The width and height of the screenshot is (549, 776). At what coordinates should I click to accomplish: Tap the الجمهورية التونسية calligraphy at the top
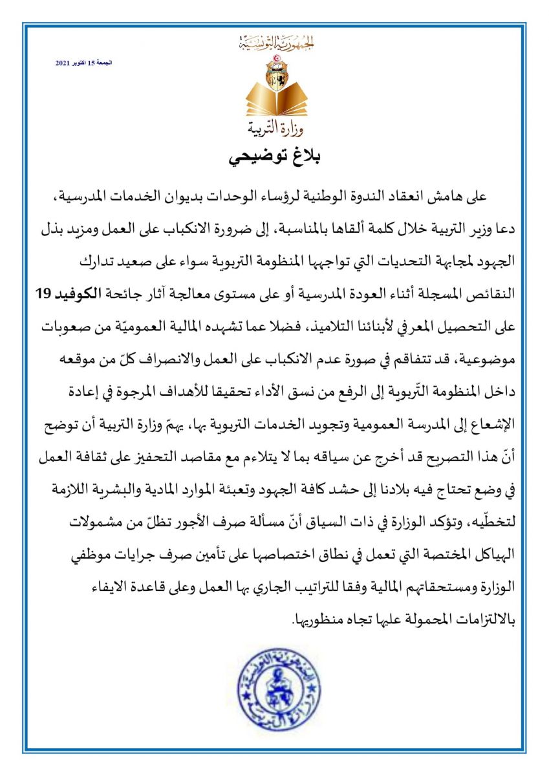point(275,45)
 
